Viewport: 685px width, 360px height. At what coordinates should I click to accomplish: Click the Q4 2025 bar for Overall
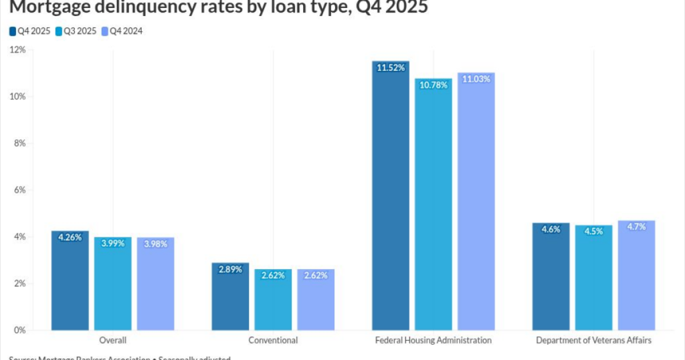[70, 280]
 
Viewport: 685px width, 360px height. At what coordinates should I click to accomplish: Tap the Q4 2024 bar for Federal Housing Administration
[476, 201]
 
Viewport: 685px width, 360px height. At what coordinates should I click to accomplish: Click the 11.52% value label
[391, 68]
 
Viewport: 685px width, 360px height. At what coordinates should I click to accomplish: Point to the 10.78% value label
[433, 85]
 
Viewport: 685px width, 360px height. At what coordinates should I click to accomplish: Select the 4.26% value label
[70, 237]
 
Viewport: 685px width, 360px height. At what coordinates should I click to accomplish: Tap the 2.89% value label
[230, 269]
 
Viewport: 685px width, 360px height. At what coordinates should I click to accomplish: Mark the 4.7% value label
[636, 227]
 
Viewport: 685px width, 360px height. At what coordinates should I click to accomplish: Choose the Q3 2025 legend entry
[77, 31]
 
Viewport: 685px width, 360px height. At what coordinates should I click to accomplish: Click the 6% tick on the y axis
[19, 190]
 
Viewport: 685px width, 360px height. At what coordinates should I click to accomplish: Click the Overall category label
[113, 340]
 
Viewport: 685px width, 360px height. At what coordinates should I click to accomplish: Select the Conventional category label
[273, 340]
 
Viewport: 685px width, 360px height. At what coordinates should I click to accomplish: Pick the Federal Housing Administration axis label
[433, 340]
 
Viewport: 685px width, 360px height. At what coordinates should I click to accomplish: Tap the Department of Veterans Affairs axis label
[593, 340]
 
